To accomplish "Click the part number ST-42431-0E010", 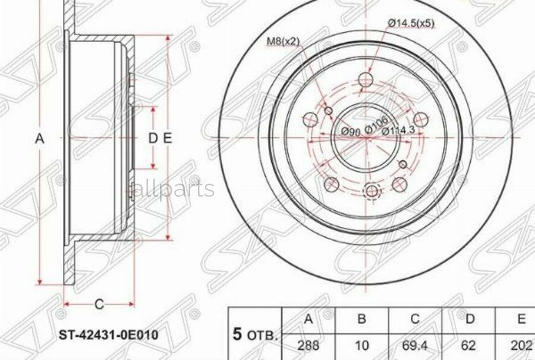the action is point(109,335).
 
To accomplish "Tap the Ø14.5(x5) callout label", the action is point(411,24).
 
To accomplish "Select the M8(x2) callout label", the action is point(283,42).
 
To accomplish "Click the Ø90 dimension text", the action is point(351,132).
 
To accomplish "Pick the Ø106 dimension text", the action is point(376,124).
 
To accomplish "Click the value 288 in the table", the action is point(308,346).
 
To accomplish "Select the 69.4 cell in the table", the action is point(414,346).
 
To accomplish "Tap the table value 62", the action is point(468,346).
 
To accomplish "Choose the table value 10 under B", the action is point(361,346).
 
